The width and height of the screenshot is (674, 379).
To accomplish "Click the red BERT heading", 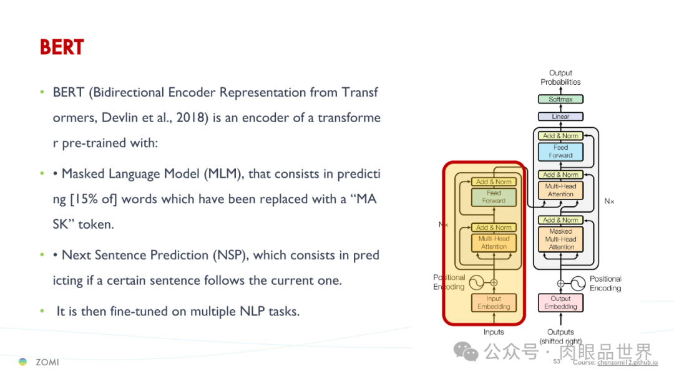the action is [x=62, y=47].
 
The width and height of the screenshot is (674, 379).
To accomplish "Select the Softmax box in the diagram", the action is [x=560, y=99].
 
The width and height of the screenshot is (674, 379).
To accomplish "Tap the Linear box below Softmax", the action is [x=560, y=117].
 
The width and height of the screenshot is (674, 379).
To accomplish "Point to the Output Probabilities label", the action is [x=560, y=77].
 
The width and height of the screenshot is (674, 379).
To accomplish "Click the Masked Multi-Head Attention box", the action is [x=560, y=239].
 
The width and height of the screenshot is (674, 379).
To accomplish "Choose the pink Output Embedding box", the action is [x=560, y=302].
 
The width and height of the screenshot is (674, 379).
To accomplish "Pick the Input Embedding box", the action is [x=494, y=302].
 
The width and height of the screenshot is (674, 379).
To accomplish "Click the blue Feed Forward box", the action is [x=560, y=151].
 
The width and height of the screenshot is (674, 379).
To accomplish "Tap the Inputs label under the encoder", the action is [x=494, y=332].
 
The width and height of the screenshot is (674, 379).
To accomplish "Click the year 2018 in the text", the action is [x=191, y=118].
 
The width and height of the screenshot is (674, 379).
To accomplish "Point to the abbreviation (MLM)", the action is [x=222, y=174].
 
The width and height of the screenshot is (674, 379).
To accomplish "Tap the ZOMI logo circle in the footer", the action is [x=23, y=362].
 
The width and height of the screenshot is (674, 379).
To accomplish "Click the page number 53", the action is [x=557, y=362].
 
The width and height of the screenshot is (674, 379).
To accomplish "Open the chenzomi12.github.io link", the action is [x=627, y=362].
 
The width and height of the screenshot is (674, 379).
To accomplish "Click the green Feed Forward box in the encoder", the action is [x=494, y=197].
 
